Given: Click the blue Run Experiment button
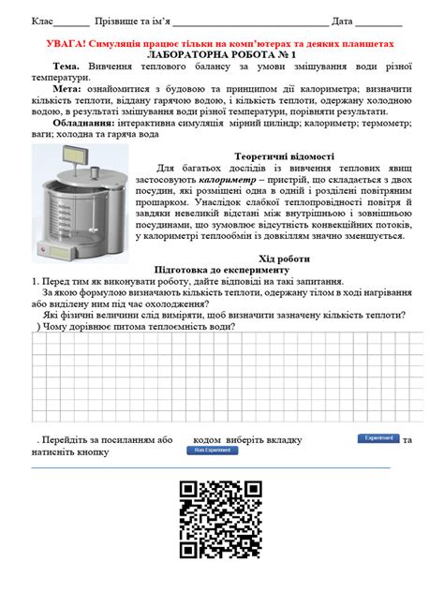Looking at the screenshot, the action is pos(212,450).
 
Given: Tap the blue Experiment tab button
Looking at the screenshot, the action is pos(379,438).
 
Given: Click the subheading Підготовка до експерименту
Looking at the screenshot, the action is pos(222,269).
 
